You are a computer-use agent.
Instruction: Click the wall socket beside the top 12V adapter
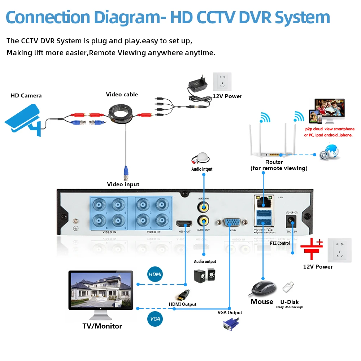[222, 83]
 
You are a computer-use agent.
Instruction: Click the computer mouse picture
[263, 288]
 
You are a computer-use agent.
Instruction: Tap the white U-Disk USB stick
[288, 288]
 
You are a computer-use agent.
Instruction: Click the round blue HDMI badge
[155, 275]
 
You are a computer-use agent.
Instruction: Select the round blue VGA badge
[155, 319]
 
